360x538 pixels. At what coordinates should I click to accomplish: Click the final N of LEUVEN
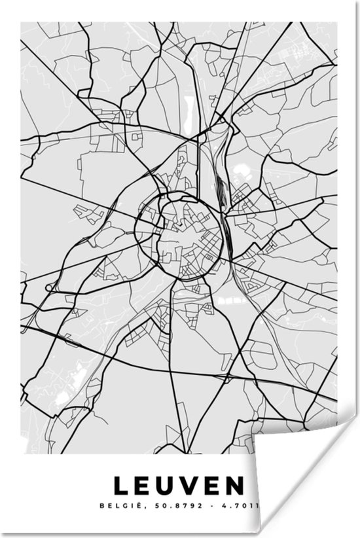coord(241,486)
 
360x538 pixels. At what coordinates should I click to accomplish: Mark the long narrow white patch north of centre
coord(190,105)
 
